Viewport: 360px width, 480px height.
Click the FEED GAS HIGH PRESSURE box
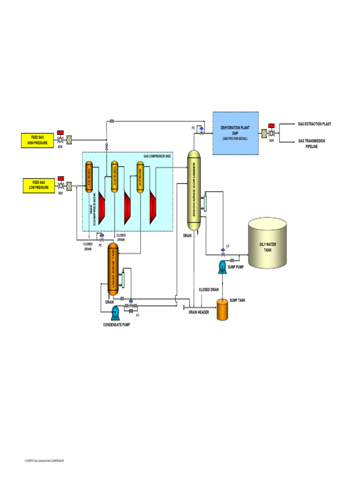tap(38, 140)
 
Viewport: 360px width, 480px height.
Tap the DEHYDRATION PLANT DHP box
tap(235, 133)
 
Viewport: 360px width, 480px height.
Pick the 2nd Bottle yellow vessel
tap(114, 177)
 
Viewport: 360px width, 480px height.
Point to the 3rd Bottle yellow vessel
tap(140, 177)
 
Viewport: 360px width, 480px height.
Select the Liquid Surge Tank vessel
tap(113, 269)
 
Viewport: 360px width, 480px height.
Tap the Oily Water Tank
tap(268, 244)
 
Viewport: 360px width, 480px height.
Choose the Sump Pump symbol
tap(222, 267)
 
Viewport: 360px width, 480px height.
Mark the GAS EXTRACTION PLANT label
tap(314, 124)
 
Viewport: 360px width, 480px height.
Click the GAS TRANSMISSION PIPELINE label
tap(312, 143)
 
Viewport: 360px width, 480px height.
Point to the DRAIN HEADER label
tap(198, 312)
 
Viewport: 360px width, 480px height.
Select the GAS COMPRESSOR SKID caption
tap(157, 156)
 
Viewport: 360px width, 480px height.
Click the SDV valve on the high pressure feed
tap(60, 140)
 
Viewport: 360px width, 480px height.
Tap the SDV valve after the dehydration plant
tap(271, 133)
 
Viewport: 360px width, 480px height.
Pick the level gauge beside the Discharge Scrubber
tap(204, 203)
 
